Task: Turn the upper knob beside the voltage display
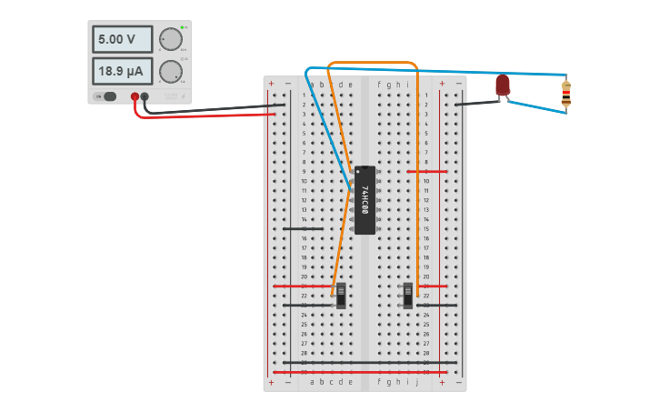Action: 170,39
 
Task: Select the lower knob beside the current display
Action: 170,72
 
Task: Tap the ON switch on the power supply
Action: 108,96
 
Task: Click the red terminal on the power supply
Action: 135,96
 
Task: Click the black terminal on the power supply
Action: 145,96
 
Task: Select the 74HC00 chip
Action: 364,200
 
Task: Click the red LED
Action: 503,85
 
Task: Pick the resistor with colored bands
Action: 566,93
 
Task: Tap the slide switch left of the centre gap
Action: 341,295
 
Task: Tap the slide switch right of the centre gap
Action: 408,295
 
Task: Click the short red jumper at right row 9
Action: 427,172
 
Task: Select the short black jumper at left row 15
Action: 303,228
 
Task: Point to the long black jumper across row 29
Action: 364,362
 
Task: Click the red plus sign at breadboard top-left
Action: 271,84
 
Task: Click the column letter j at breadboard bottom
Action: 417,383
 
